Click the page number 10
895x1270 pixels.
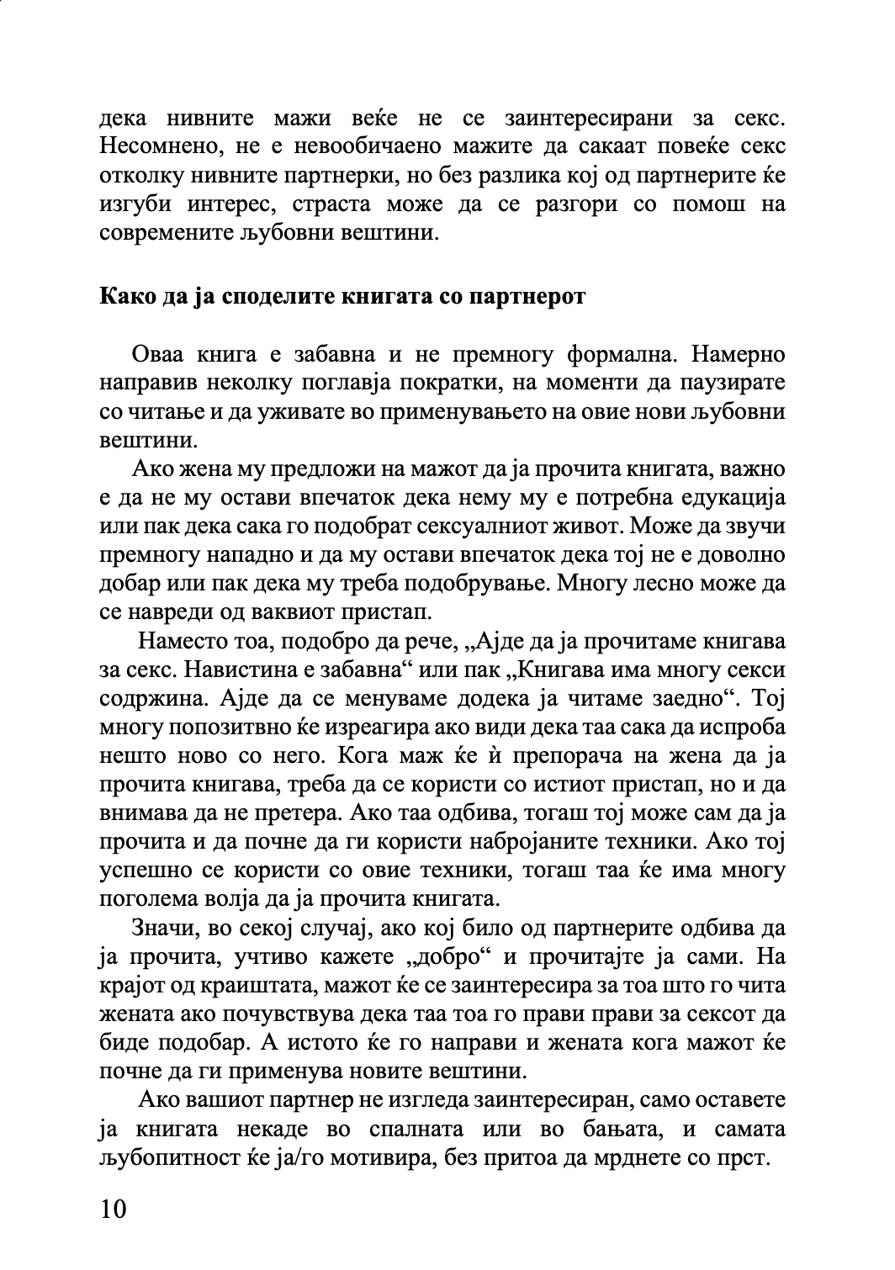click(x=113, y=1209)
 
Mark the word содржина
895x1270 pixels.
click(x=154, y=699)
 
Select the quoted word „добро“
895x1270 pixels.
click(x=449, y=956)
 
